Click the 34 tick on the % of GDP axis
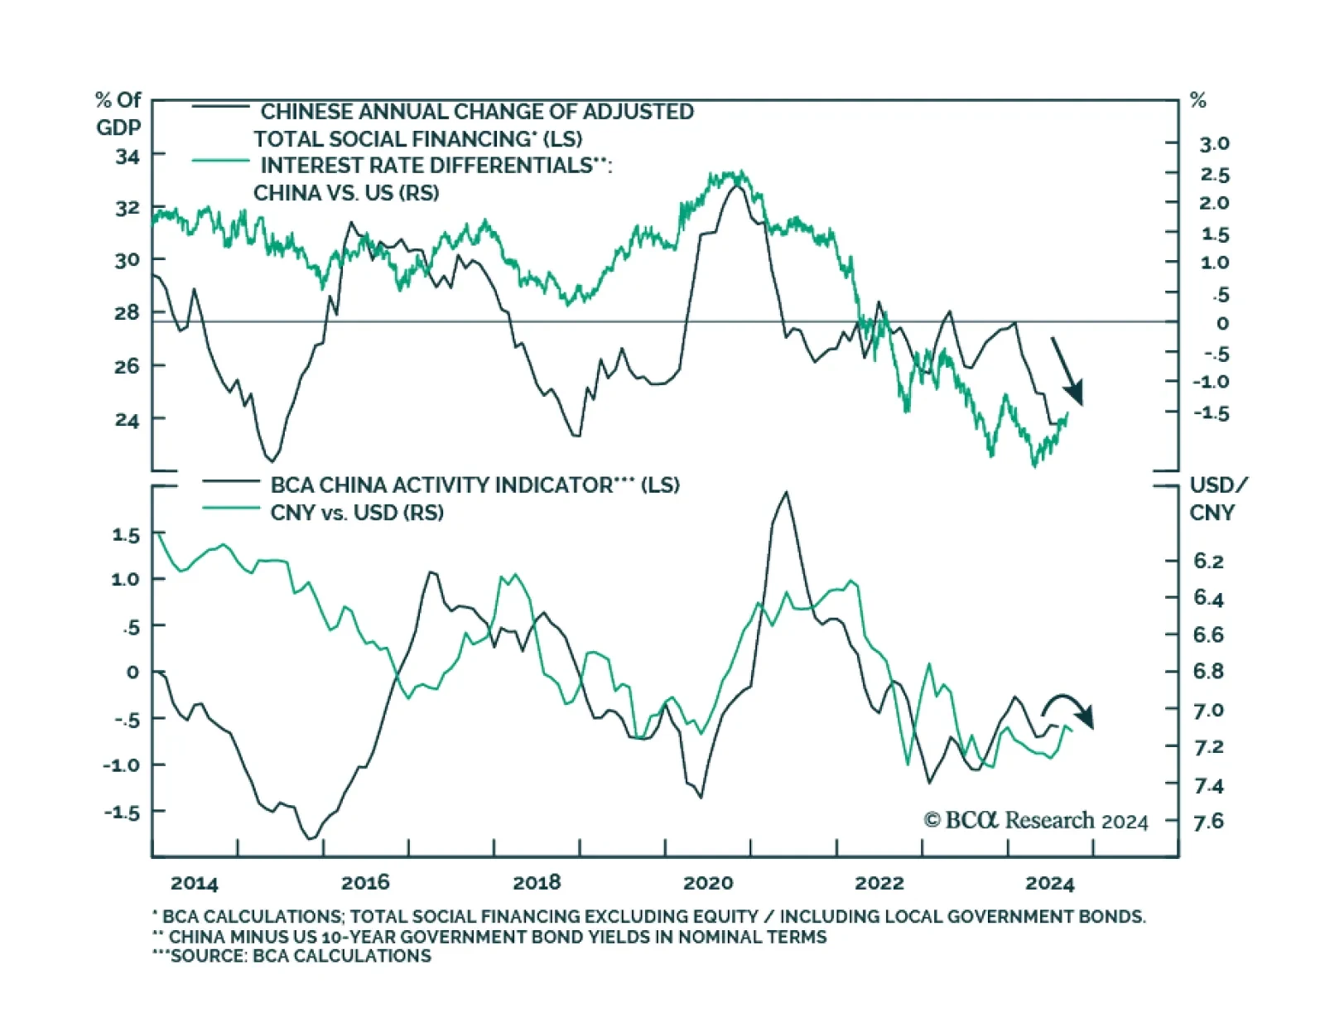[127, 156]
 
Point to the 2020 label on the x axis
[708, 883]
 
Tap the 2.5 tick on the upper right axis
[1214, 175]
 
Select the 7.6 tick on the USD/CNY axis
[1208, 821]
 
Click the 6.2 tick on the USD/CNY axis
[1208, 562]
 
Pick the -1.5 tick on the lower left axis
[122, 813]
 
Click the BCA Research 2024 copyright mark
[1035, 821]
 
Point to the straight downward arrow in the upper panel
[1067, 370]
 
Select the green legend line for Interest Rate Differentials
[220, 161]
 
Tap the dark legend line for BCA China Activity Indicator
[231, 480]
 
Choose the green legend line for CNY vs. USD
[231, 508]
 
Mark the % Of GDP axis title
[118, 113]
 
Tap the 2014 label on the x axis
[194, 883]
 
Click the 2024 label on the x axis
[1049, 883]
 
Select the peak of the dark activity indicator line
[786, 493]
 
